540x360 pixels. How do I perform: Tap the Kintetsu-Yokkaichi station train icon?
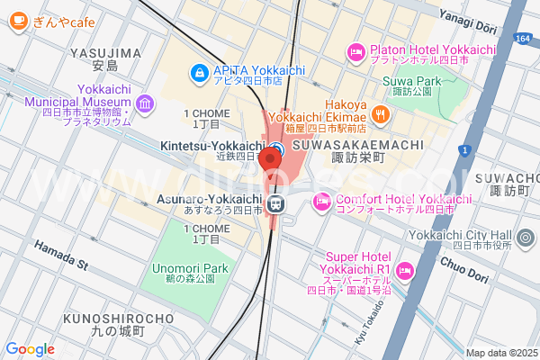click(x=278, y=148)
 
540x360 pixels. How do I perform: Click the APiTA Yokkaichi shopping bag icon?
click(x=197, y=71)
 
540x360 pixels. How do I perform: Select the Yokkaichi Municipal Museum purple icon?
click(x=144, y=107)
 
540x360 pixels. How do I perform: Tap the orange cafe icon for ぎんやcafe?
click(x=15, y=22)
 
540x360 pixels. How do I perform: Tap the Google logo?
click(x=31, y=349)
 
